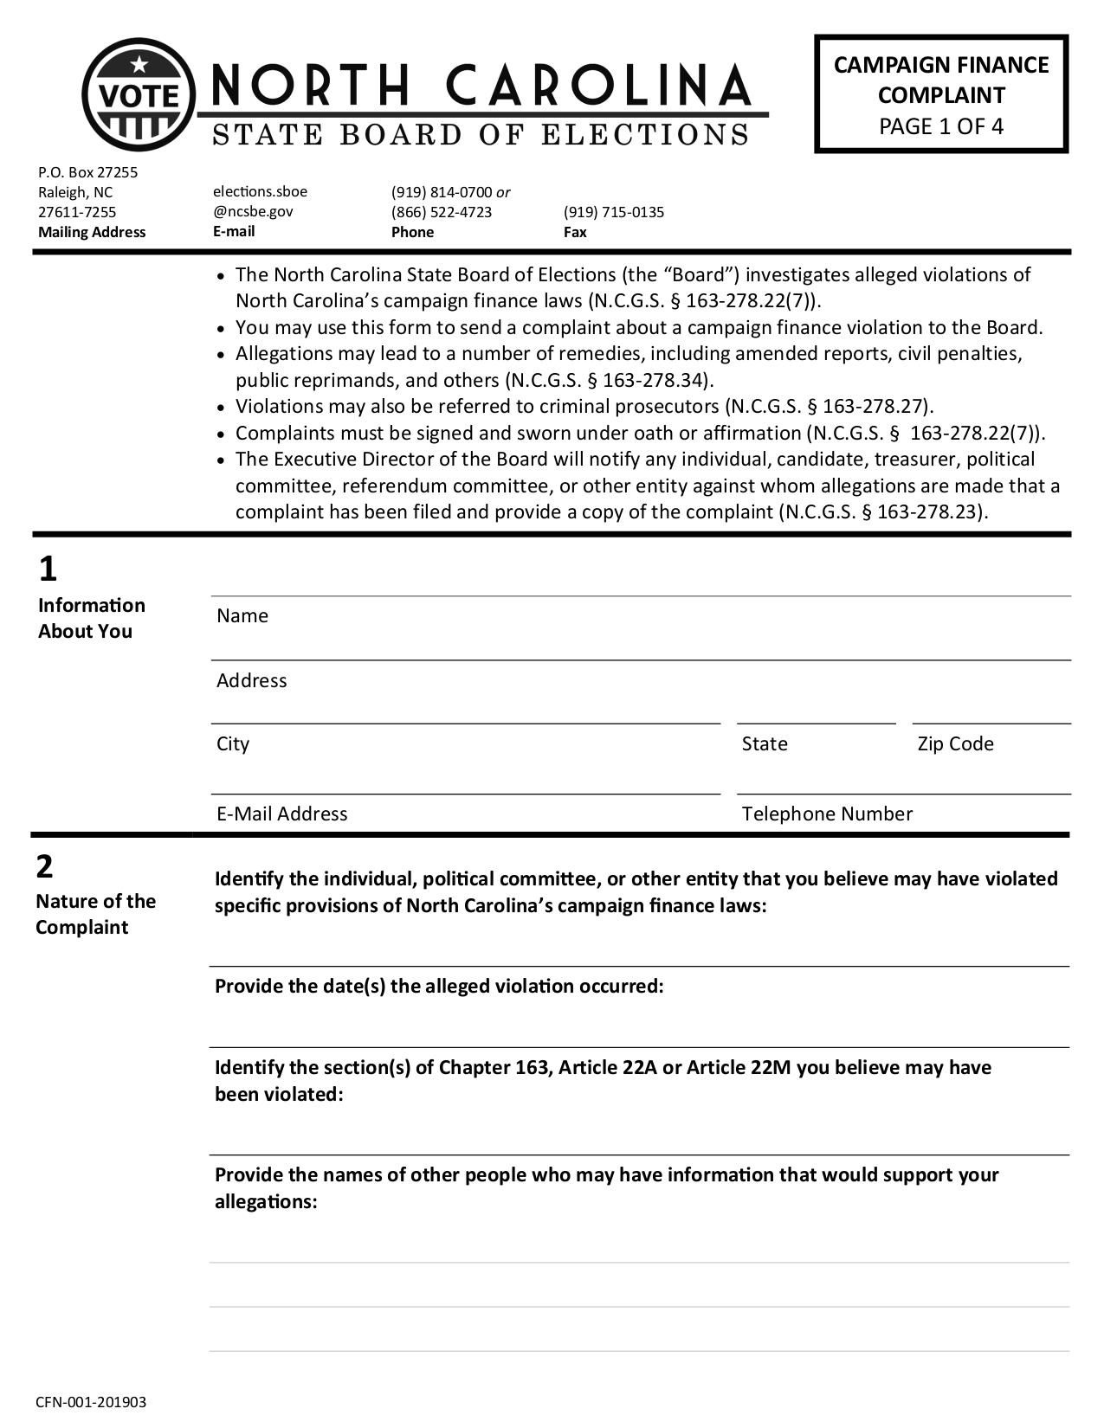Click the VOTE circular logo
point(139,94)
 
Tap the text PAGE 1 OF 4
point(941,126)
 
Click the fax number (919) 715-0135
point(613,212)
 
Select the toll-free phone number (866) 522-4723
point(441,212)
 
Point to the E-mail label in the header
point(234,231)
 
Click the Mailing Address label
point(92,232)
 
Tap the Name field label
point(242,615)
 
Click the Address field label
point(251,680)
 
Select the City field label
point(233,743)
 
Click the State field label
point(765,743)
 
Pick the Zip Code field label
point(955,743)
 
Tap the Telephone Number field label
point(827,814)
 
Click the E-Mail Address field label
point(281,814)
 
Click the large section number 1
point(48,569)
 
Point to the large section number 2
point(44,865)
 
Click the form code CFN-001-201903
point(91,1402)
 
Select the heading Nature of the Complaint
point(95,914)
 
